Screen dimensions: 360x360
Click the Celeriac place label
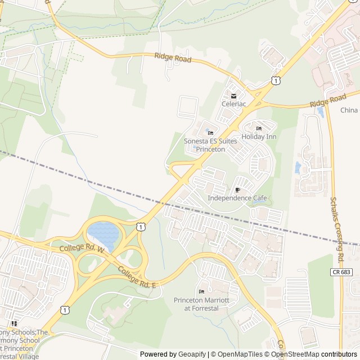[x=233, y=104]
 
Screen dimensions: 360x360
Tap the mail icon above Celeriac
[x=233, y=96]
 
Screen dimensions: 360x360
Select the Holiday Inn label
[x=259, y=137]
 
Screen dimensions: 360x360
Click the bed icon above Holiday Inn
[x=259, y=128]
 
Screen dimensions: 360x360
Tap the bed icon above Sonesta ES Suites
[x=202, y=133]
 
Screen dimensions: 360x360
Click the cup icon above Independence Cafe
[x=237, y=190]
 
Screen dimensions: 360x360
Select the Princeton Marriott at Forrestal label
[x=201, y=304]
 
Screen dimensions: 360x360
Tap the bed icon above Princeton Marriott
[x=201, y=291]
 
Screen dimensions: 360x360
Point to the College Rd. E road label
[x=136, y=277]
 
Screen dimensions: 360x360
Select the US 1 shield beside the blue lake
[x=141, y=226]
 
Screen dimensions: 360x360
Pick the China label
[x=349, y=110]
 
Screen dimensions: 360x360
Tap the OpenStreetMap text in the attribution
[x=296, y=354]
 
